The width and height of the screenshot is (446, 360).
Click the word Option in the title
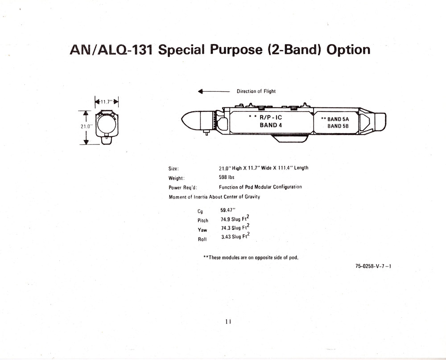(x=348, y=50)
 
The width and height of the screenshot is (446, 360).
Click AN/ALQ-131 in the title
(x=111, y=50)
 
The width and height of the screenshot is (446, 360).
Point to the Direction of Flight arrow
(x=214, y=91)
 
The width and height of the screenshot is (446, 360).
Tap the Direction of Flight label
(x=256, y=91)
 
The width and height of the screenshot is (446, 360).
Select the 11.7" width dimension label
(x=107, y=102)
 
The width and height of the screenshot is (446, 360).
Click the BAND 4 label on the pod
(x=271, y=125)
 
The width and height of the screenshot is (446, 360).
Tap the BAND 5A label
(x=338, y=119)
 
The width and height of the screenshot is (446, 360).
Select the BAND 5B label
(x=338, y=126)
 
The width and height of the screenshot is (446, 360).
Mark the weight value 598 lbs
(x=227, y=177)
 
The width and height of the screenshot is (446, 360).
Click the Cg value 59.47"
(x=228, y=210)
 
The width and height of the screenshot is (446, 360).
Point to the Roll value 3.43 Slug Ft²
(x=235, y=236)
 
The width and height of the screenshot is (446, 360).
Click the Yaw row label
(x=202, y=230)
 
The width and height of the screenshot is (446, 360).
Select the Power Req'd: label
(x=183, y=188)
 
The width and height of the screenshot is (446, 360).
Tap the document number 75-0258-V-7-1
(x=373, y=266)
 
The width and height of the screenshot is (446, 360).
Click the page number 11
(x=228, y=321)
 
